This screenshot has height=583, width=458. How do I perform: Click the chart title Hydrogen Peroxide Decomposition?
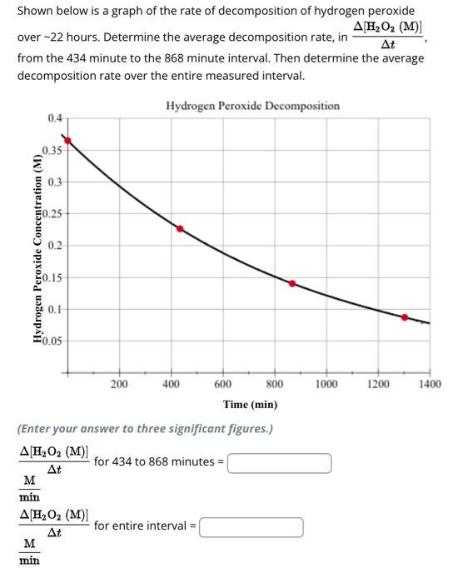[x=252, y=106]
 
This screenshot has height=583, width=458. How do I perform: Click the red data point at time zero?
[x=68, y=141]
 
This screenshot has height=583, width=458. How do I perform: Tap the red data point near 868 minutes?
[x=292, y=283]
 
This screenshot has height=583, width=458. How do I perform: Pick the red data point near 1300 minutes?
[x=405, y=317]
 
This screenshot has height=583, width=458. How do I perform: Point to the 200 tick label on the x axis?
[x=119, y=384]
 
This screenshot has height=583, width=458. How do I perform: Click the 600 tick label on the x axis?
[x=222, y=384]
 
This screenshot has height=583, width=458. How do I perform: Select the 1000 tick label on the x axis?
[x=326, y=384]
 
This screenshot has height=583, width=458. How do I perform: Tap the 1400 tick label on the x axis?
[x=430, y=384]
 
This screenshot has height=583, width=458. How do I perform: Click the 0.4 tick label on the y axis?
[x=54, y=119]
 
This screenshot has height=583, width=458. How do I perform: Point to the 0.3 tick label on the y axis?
[x=54, y=182]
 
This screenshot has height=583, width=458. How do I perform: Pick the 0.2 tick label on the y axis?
[x=54, y=245]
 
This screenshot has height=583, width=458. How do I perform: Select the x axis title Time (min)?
[x=250, y=405]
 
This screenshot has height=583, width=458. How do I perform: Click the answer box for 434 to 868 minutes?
[x=280, y=462]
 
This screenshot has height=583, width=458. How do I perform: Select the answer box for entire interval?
[x=251, y=526]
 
